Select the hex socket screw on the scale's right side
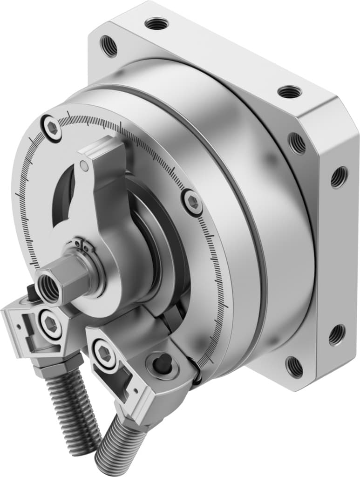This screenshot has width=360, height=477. coord(192,202)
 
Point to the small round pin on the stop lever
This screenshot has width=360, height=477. coord(84,165)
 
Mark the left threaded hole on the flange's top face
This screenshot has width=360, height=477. coord(156,22)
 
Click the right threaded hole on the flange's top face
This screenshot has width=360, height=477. coord(289,92)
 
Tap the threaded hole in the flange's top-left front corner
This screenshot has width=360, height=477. coord(109,46)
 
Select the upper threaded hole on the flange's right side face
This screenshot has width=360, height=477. coord(339,177)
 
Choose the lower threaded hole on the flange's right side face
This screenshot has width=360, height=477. coord(336,334)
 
